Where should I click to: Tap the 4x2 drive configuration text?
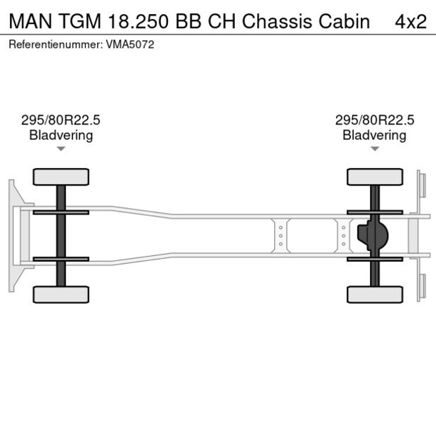(x=410, y=21)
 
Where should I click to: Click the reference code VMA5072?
(x=130, y=44)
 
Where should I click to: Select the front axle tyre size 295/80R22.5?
(x=61, y=120)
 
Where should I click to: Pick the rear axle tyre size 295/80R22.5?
(x=374, y=120)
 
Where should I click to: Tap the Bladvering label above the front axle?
(x=61, y=135)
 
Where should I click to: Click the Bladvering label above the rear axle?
(x=374, y=135)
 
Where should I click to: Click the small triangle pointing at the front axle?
(x=61, y=148)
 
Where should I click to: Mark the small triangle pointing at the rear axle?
(x=374, y=148)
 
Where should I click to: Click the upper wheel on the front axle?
(x=61, y=177)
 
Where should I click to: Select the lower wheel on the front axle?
(x=61, y=294)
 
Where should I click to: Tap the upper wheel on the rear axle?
(x=374, y=177)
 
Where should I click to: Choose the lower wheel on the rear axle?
(x=374, y=294)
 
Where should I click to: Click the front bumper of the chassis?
(x=14, y=236)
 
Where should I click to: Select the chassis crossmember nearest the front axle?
(x=281, y=235)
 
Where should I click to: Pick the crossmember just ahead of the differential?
(x=343, y=235)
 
